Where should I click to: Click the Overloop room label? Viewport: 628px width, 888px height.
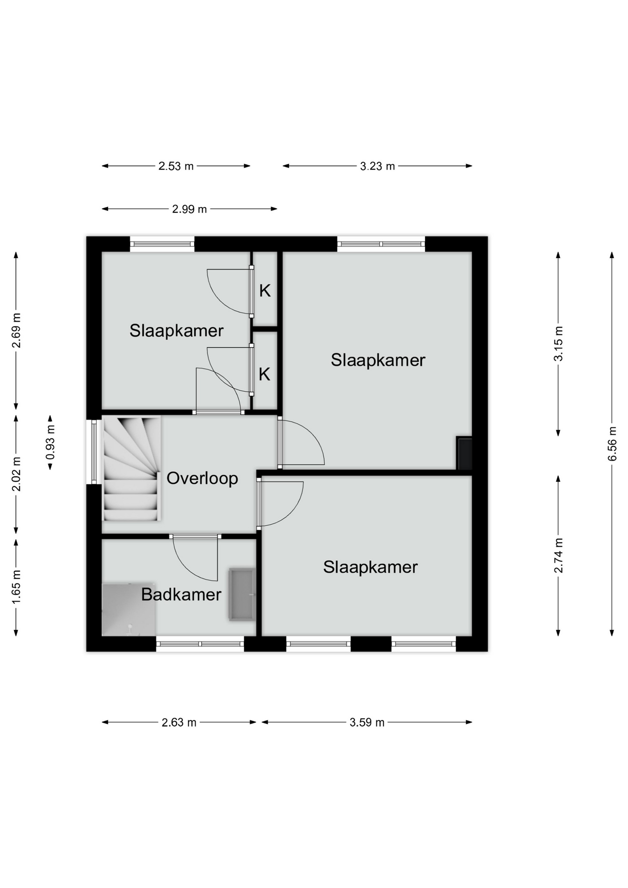tap(202, 478)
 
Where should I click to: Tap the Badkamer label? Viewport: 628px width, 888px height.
tap(181, 595)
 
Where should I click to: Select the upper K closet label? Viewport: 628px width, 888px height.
tap(265, 290)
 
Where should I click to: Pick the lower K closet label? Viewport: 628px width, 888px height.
tap(265, 374)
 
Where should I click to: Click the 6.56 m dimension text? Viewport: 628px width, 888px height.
tap(612, 444)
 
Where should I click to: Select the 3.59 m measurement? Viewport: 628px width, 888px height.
tap(367, 722)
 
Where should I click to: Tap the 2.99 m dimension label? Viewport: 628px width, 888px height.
tap(190, 209)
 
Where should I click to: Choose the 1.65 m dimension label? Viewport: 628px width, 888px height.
tap(16, 586)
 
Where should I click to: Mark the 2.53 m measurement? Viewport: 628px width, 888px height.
tap(176, 166)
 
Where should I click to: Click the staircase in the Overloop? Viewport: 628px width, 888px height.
tap(131, 469)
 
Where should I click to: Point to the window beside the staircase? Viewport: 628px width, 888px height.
tap(94, 452)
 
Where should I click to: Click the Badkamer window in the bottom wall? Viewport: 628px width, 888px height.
tap(200, 644)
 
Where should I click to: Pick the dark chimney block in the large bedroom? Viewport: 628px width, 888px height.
tap(464, 453)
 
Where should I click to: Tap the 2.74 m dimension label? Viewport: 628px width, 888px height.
tap(559, 555)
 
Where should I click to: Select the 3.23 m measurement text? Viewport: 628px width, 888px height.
tap(378, 166)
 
